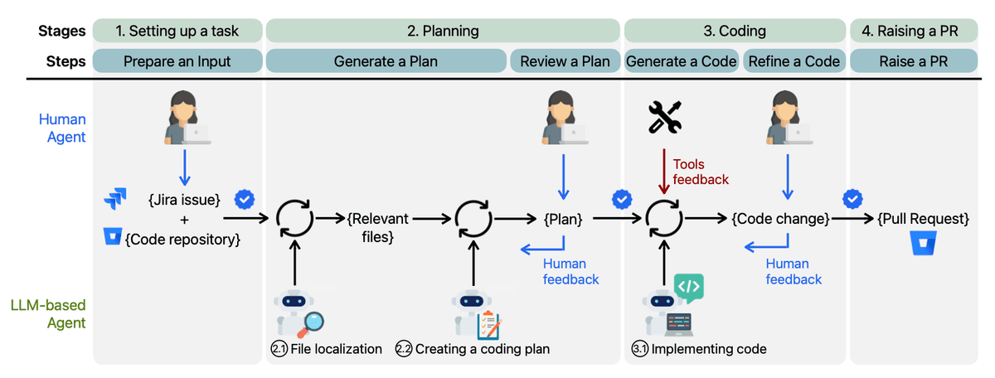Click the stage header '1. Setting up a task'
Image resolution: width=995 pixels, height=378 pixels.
(x=177, y=31)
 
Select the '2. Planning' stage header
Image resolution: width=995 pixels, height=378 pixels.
(x=443, y=31)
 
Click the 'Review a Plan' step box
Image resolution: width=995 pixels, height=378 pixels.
(x=565, y=61)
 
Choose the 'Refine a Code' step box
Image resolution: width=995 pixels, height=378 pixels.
(x=794, y=61)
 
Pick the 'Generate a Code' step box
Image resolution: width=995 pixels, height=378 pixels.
(x=682, y=61)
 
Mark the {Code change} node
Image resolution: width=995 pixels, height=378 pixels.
(x=779, y=220)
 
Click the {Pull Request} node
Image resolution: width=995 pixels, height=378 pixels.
(x=922, y=220)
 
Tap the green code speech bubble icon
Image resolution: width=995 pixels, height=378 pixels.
(x=690, y=287)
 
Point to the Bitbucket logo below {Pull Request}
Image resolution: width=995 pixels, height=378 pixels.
(x=921, y=247)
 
